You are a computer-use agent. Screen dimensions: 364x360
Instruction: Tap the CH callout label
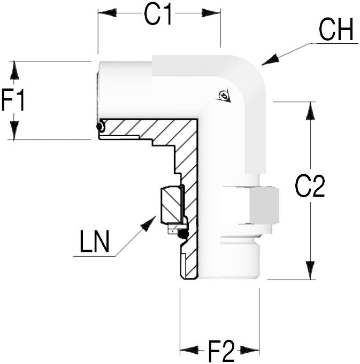click(335, 31)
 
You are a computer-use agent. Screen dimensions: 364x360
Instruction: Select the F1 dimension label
click(13, 100)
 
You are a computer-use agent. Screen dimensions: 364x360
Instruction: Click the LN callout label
click(95, 242)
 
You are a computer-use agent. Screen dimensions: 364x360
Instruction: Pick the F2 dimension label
click(221, 351)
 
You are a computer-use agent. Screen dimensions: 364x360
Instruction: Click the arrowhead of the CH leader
click(268, 61)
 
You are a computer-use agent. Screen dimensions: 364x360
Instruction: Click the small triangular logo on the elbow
click(224, 96)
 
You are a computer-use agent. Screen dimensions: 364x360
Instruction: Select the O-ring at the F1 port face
click(99, 127)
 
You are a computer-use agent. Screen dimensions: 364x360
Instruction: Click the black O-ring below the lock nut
click(182, 234)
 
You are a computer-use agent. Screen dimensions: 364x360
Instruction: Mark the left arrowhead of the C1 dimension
click(105, 13)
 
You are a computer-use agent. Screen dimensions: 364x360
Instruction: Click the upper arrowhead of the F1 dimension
click(14, 69)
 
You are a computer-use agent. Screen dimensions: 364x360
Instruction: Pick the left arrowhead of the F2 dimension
click(188, 350)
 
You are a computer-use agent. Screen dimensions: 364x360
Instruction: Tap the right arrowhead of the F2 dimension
click(251, 350)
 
